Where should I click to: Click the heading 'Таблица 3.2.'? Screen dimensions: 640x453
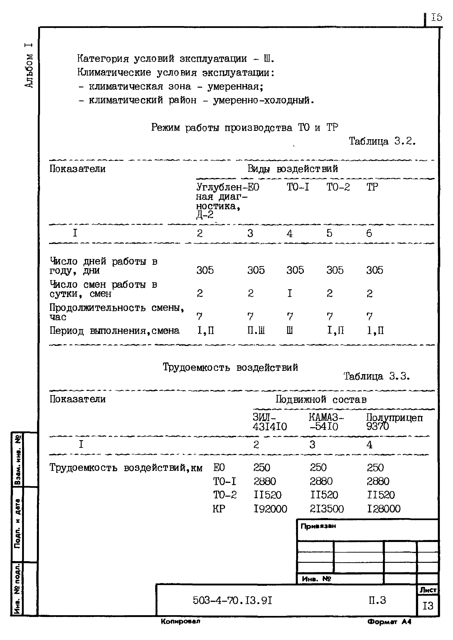coord(382,142)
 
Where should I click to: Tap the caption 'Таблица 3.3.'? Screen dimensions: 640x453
coord(376,377)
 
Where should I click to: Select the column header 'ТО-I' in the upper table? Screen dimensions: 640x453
coord(298,187)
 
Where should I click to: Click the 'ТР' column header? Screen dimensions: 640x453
coord(372,187)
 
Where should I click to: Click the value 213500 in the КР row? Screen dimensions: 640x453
coord(327,509)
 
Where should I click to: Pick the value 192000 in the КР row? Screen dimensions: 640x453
coord(270,509)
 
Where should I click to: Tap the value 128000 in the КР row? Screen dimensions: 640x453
coord(384,509)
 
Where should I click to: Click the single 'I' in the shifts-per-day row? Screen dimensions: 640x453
coord(290,293)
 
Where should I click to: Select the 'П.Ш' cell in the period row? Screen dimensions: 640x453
coord(256,331)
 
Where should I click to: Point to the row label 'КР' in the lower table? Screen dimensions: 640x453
coord(219,509)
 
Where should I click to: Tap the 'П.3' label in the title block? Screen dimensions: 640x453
coord(377,600)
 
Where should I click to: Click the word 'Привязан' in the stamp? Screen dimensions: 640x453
coord(318,526)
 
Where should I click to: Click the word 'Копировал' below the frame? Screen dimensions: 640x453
coord(180,621)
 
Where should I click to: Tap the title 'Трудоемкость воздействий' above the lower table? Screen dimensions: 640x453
coord(230,367)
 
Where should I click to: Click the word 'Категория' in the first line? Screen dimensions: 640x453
coord(103,59)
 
